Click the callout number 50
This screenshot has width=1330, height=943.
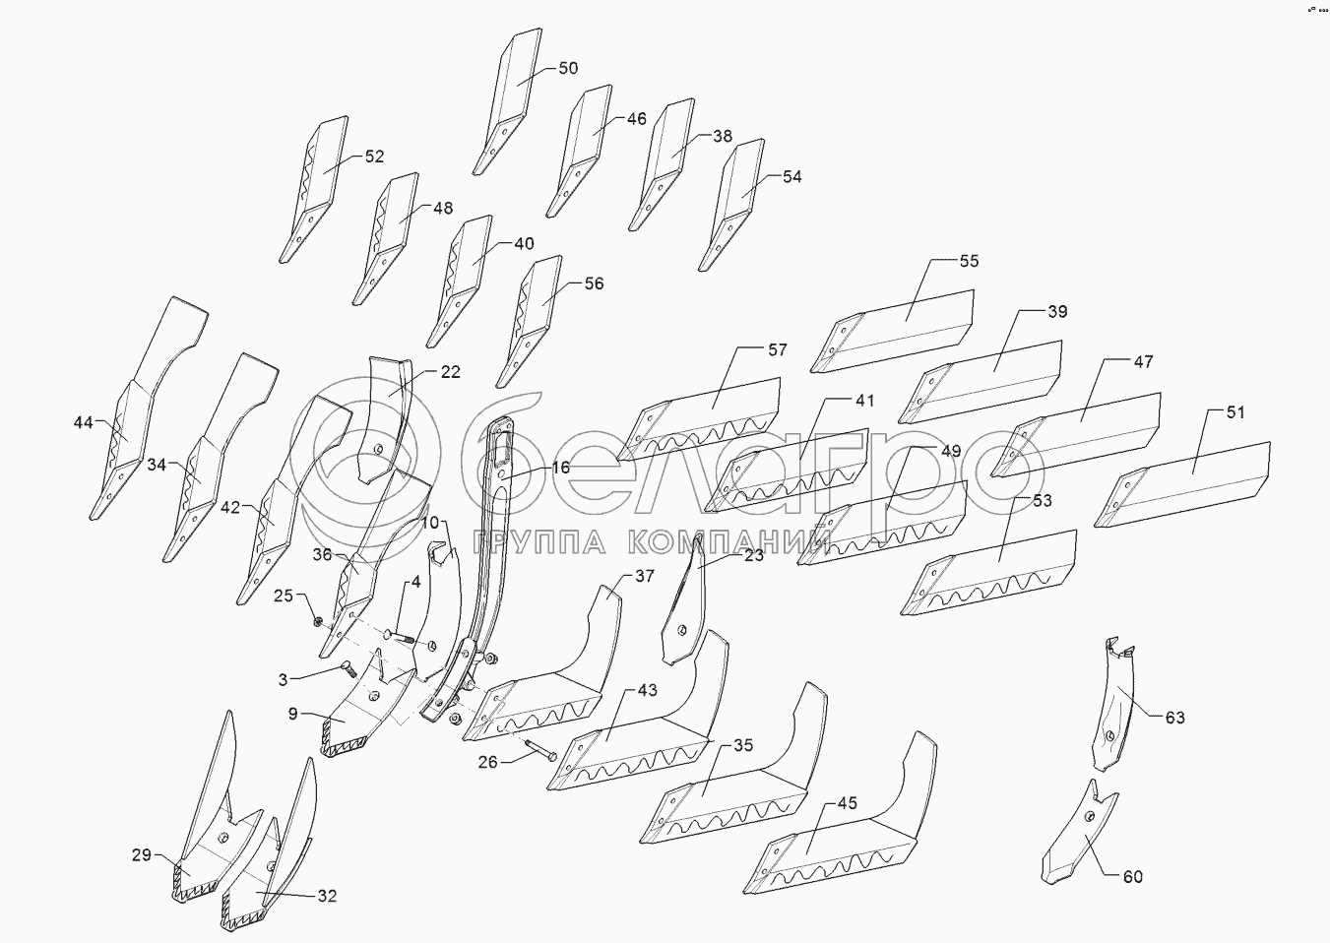click(x=568, y=68)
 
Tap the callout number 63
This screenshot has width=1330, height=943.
click(x=1174, y=718)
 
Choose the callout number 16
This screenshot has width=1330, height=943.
click(x=560, y=468)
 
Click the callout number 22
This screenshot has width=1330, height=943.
click(x=451, y=372)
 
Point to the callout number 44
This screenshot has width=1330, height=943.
click(x=83, y=422)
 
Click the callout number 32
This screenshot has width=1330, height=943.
click(x=327, y=896)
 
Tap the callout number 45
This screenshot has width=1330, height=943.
click(x=847, y=803)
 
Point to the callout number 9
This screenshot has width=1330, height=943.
click(x=292, y=715)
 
